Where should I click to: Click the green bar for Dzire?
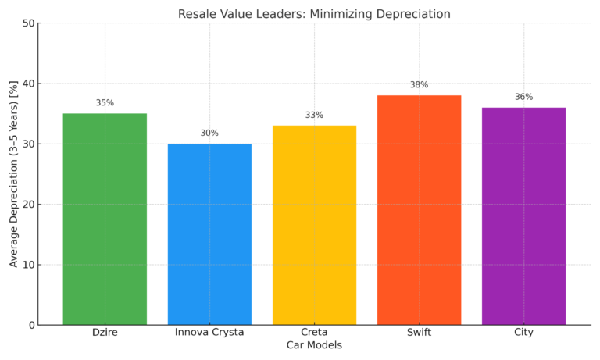point(105,219)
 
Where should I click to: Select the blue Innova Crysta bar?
point(209,234)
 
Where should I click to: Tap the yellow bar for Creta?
point(314,225)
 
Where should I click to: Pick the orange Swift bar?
point(419,210)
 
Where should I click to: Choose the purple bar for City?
point(523,216)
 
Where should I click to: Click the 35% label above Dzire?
point(105,103)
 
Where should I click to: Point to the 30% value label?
point(209,134)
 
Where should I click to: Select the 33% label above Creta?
point(314,116)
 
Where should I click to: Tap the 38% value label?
point(419,85)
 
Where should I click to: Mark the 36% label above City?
point(523,97)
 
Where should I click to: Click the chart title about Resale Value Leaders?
point(314,14)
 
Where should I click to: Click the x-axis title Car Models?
point(314,345)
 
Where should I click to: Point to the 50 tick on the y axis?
point(29,23)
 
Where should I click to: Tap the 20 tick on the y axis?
point(29,205)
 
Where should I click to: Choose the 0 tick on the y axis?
point(32,325)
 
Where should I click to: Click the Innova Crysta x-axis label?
point(209,333)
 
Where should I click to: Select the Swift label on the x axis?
point(419,333)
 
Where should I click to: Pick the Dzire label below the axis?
point(105,333)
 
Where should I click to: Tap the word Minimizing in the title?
point(357,14)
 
